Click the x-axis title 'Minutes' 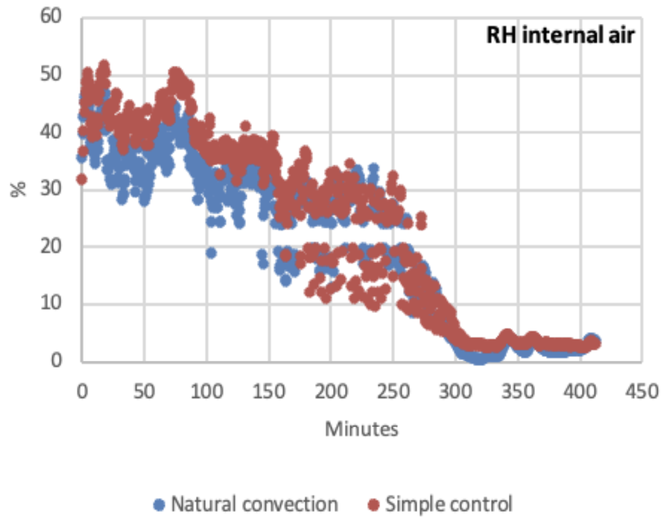coord(362,429)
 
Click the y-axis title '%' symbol coord(19,190)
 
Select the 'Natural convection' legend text coord(254,503)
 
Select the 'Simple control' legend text coord(449,503)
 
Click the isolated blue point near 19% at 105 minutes coord(211,253)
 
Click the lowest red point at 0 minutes coord(81,179)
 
